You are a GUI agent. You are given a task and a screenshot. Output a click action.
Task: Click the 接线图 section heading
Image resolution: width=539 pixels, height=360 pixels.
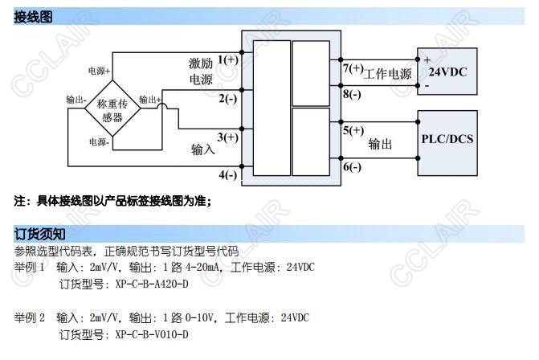click(x=33, y=16)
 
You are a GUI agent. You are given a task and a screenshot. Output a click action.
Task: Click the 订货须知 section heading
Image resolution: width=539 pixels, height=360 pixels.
click(x=38, y=234)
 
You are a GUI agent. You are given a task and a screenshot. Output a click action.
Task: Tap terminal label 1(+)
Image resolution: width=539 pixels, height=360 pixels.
click(x=228, y=60)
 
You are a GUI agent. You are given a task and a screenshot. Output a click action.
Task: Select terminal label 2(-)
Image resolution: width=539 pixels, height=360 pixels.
click(x=227, y=99)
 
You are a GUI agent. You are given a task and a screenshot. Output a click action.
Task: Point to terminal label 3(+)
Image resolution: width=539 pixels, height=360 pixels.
click(x=228, y=137)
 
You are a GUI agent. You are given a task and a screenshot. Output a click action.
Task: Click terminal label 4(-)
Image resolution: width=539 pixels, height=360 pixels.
click(x=227, y=174)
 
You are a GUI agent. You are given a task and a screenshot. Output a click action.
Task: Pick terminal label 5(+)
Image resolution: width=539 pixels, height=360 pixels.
click(x=353, y=130)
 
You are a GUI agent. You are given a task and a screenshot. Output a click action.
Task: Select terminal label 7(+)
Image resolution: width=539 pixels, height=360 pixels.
click(x=353, y=68)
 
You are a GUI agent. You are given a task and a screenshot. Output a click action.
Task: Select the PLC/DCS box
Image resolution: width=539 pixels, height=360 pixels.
click(x=447, y=138)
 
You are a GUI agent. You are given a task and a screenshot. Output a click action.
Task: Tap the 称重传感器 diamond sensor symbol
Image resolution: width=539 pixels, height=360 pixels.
click(x=112, y=110)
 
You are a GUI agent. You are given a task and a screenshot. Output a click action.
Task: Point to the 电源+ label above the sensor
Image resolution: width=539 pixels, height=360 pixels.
click(x=99, y=72)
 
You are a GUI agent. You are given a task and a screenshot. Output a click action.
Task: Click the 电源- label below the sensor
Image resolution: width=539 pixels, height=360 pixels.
click(x=100, y=141)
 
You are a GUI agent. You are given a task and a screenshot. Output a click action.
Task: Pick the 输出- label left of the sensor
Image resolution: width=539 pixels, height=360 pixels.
click(x=76, y=100)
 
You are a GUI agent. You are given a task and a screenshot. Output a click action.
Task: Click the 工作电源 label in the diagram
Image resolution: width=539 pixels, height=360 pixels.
click(x=388, y=75)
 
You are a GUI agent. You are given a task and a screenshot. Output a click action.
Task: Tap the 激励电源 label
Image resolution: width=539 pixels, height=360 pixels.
click(x=201, y=71)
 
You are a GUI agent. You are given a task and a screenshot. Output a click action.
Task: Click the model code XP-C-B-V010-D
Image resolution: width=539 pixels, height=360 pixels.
click(x=152, y=334)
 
